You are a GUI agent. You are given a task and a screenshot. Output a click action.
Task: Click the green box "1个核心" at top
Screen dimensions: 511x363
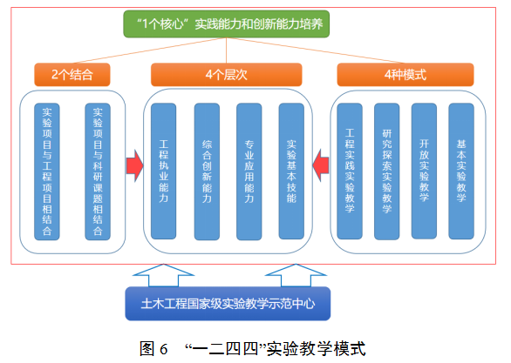coord(226,24)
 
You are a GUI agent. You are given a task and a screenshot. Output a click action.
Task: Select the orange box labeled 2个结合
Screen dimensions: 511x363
coord(72,75)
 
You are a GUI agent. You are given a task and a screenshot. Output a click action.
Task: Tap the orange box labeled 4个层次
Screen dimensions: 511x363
coord(226,75)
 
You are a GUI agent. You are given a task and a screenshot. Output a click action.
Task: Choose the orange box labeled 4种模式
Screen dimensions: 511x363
coord(405,75)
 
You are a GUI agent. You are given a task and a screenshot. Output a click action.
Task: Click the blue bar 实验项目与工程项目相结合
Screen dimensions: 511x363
coord(47,171)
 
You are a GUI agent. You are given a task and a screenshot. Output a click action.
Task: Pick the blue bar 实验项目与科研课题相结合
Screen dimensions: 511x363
coord(98,171)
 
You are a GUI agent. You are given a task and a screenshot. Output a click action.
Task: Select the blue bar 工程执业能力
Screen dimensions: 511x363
coord(164,171)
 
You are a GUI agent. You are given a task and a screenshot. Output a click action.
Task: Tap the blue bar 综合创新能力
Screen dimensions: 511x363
coord(207,171)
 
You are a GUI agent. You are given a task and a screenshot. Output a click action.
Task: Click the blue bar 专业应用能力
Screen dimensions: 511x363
coord(249,171)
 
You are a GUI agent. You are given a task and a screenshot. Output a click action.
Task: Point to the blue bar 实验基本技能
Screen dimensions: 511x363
coord(291,171)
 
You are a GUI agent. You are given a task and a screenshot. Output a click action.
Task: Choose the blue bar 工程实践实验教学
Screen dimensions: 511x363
coord(350,171)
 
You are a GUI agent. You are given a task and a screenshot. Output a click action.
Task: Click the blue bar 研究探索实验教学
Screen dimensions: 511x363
coord(387,171)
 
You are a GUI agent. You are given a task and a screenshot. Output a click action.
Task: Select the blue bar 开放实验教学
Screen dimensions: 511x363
coord(424,171)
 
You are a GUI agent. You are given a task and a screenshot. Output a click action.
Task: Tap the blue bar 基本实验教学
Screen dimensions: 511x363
coord(461,171)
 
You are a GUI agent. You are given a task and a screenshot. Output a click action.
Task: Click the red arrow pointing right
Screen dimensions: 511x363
coord(134,165)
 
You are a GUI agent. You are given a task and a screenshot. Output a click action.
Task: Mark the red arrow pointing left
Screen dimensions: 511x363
coord(320,165)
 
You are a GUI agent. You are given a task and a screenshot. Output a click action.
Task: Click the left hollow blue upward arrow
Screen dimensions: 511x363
coord(163,275)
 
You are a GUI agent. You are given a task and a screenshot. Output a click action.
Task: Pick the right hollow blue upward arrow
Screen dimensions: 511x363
coord(296,275)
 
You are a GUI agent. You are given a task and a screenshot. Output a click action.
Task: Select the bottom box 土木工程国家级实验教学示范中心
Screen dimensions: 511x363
coord(228,304)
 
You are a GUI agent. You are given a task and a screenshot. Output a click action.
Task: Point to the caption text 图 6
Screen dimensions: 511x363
coord(153,349)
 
